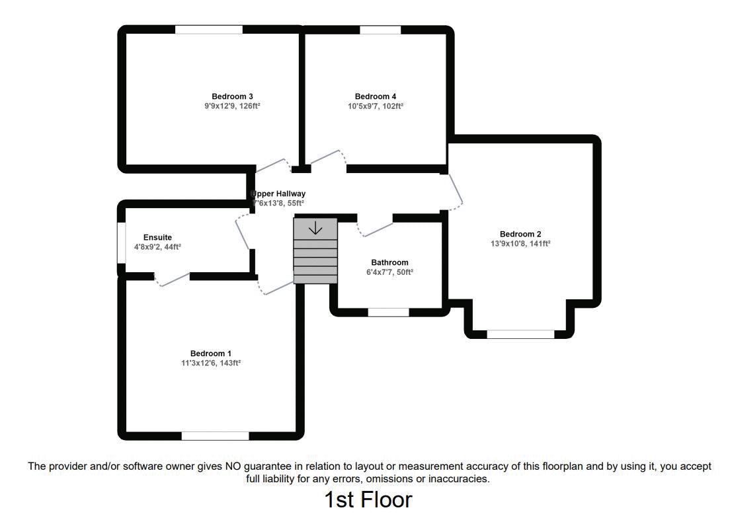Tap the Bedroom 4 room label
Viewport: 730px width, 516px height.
click(x=376, y=96)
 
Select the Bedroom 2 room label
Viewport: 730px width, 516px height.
click(x=520, y=234)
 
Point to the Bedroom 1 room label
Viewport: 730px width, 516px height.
click(x=211, y=353)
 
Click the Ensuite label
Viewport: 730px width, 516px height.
click(x=157, y=237)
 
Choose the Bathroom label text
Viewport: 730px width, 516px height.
click(x=389, y=262)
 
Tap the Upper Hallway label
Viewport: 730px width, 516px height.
click(x=278, y=194)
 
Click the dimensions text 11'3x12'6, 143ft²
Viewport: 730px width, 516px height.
click(x=211, y=363)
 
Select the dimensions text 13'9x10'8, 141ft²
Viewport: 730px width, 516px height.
click(x=520, y=244)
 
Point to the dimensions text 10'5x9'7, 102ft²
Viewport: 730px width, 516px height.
click(x=376, y=106)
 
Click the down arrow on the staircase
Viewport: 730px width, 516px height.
click(x=315, y=228)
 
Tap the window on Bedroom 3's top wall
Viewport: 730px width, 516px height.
click(x=208, y=30)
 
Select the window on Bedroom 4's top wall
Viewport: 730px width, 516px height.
click(x=380, y=30)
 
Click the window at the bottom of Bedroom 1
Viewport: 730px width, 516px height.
click(x=215, y=435)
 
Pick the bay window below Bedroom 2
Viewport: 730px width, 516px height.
click(x=520, y=334)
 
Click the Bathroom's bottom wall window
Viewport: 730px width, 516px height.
click(x=388, y=313)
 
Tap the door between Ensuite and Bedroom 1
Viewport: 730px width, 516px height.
click(x=173, y=279)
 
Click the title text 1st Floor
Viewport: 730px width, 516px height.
click(x=368, y=499)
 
